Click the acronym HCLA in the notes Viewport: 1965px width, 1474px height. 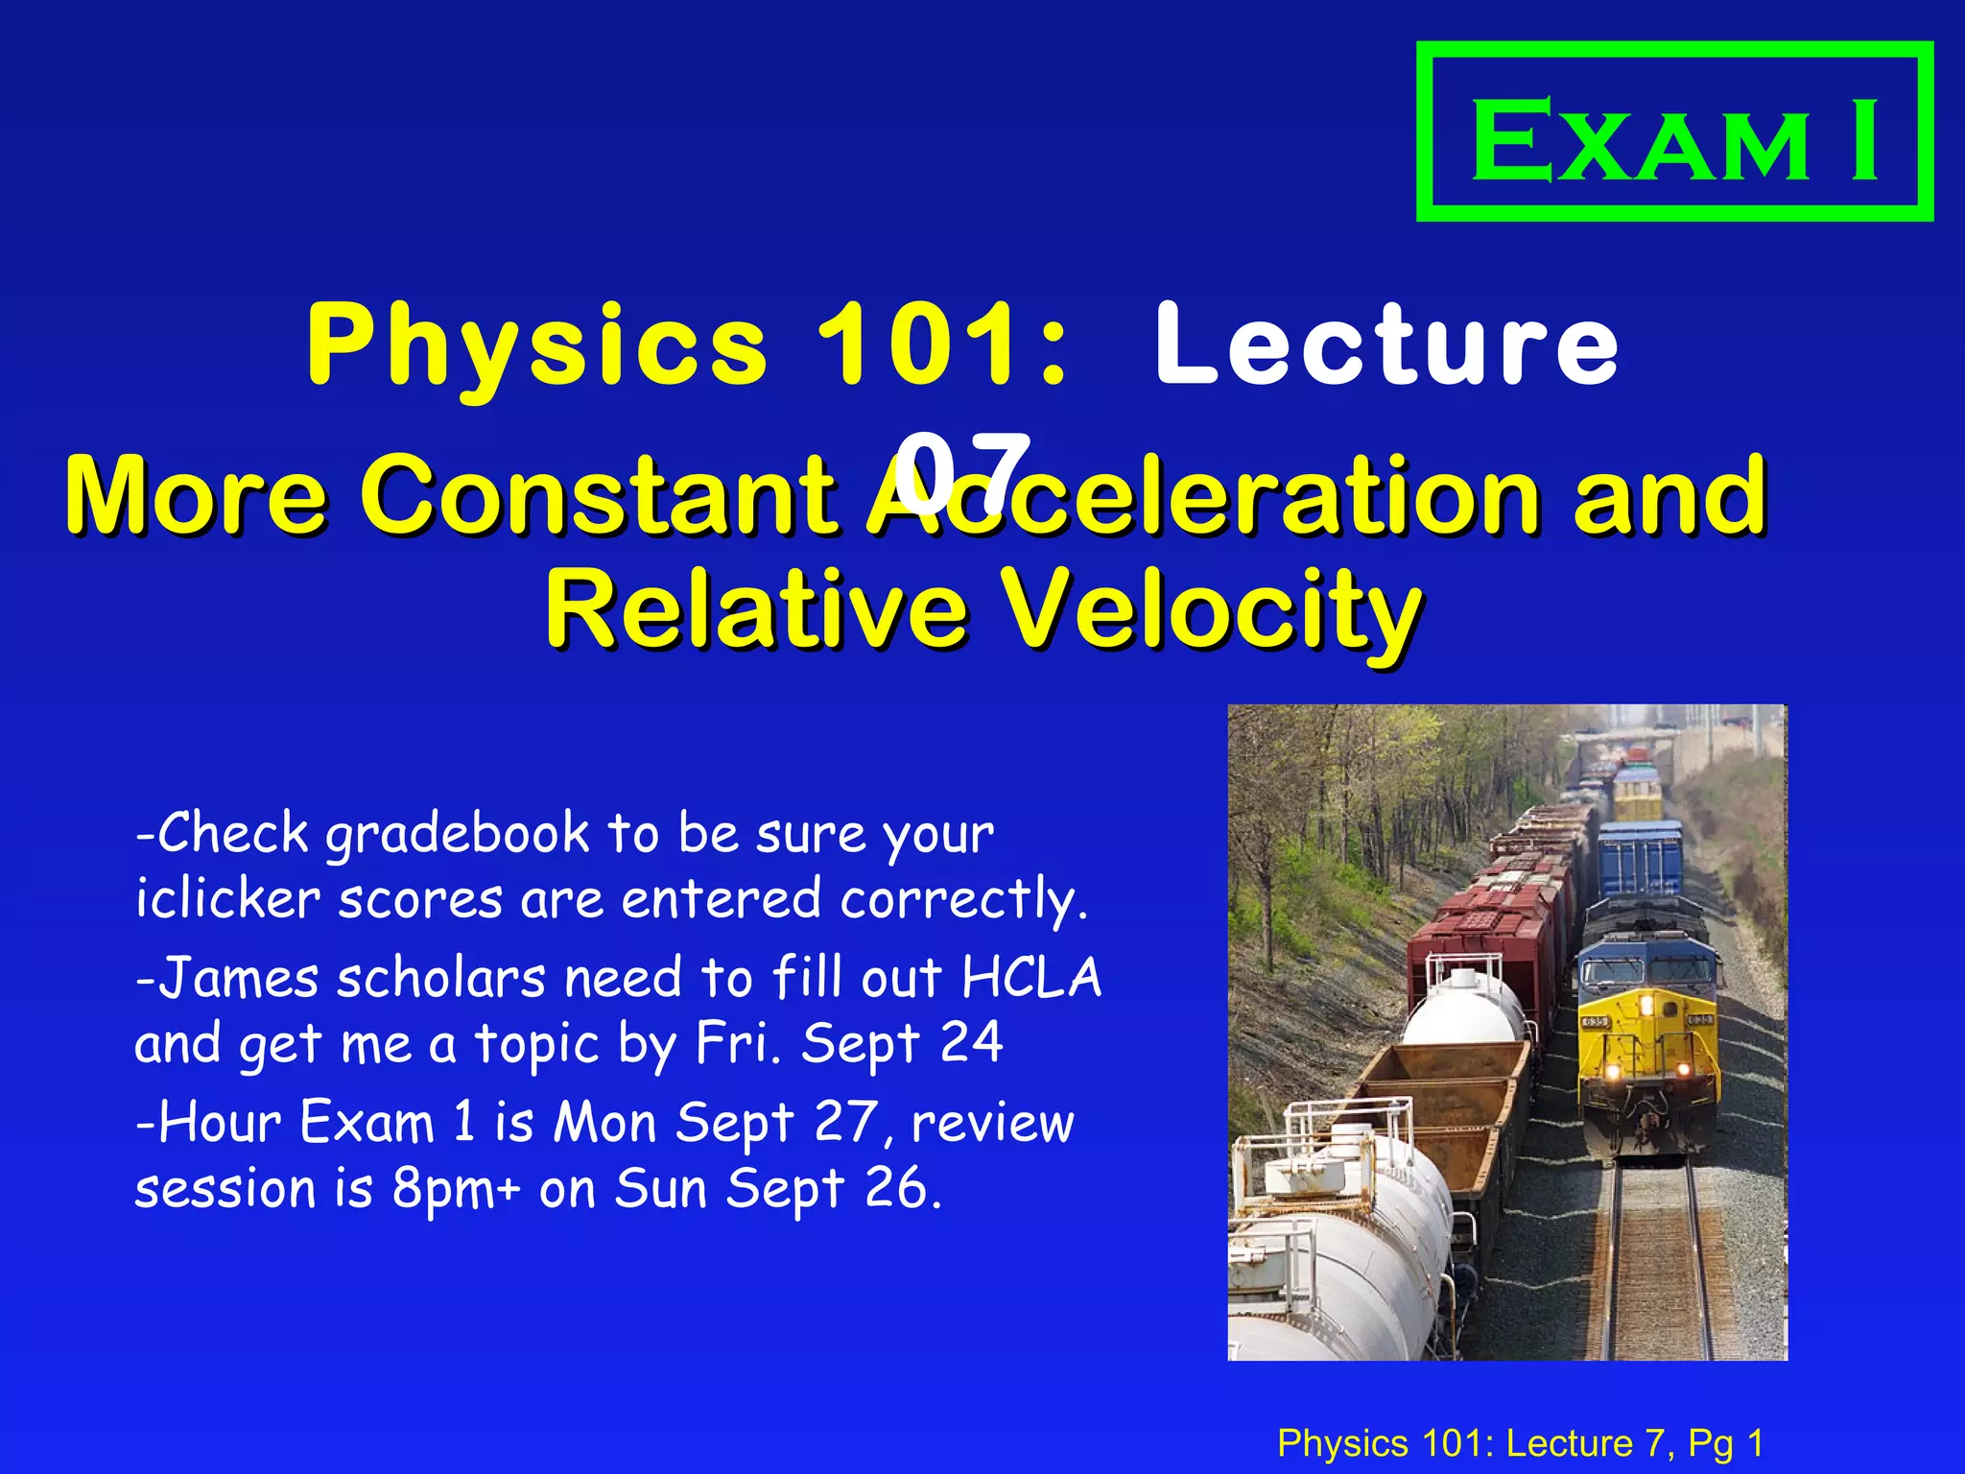pyautogui.click(x=1031, y=979)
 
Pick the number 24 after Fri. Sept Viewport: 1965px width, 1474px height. pyautogui.click(x=971, y=1043)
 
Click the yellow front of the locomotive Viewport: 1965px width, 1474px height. pyautogui.click(x=1646, y=1046)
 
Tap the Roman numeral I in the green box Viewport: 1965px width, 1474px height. pyautogui.click(x=1864, y=141)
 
